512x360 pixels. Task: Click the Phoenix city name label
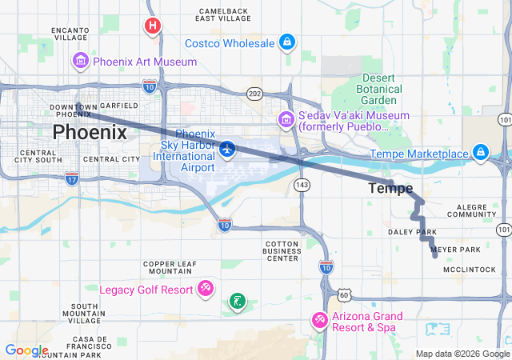tap(90, 132)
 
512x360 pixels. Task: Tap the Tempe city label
tap(390, 189)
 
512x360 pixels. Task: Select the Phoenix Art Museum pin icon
tap(80, 61)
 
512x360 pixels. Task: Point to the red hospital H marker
tap(152, 26)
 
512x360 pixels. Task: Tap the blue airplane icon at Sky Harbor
tap(228, 148)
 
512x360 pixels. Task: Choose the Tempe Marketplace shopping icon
tap(480, 151)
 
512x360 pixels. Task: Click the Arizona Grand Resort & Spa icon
tap(320, 320)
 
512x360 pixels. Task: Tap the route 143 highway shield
tap(302, 185)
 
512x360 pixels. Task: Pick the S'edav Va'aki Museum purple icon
tap(286, 120)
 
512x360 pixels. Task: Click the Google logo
tap(26, 350)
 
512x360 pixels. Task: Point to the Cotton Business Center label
tap(282, 250)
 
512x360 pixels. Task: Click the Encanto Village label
tap(70, 33)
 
